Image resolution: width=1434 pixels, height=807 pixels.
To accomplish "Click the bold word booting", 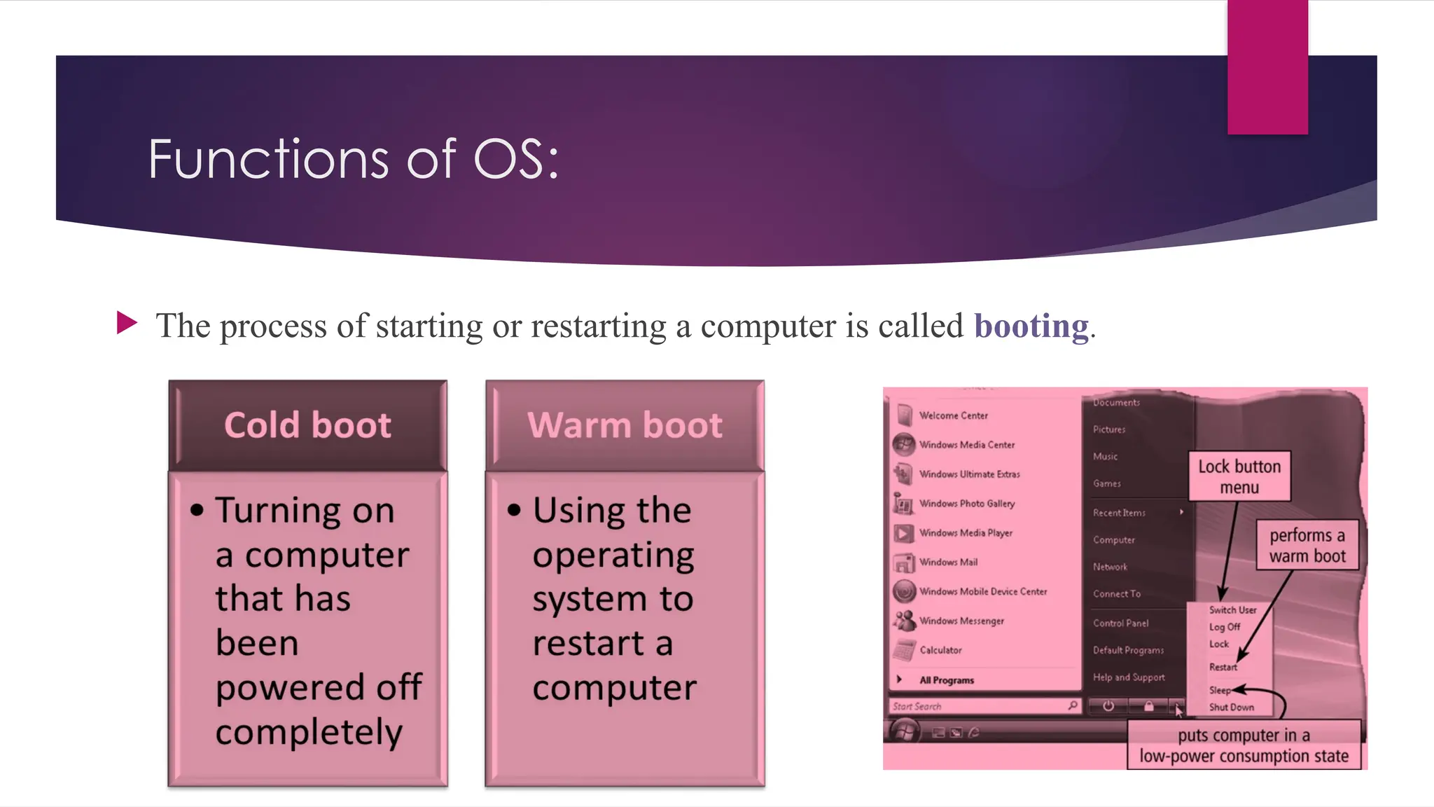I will (x=1031, y=326).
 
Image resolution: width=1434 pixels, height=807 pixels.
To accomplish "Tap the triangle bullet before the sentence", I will (x=127, y=323).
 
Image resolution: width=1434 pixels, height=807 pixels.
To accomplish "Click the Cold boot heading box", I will (x=307, y=425).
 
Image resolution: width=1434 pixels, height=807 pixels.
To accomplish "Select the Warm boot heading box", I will (x=625, y=425).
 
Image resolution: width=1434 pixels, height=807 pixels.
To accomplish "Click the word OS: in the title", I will (x=517, y=160).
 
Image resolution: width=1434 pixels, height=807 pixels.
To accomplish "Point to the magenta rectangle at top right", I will (x=1267, y=67).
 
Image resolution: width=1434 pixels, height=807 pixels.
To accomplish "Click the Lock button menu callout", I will (x=1239, y=476).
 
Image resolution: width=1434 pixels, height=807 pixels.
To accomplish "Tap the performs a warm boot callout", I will (x=1307, y=545).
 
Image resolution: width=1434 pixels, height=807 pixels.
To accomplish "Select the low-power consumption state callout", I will (x=1244, y=745).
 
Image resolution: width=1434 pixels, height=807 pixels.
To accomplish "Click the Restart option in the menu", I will (x=1223, y=667).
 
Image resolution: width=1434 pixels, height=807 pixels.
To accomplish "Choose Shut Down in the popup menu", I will (x=1231, y=708).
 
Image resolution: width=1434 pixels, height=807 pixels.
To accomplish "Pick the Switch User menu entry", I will (x=1232, y=610).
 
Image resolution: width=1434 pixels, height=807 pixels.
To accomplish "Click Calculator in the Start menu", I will (x=940, y=650).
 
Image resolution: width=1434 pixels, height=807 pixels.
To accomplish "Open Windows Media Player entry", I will (x=966, y=533).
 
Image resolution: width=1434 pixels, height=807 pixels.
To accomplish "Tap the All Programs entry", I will (x=947, y=680).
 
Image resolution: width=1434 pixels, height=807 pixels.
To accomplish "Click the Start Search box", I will (x=980, y=706).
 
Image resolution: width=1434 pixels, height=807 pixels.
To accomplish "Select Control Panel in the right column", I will (x=1120, y=623).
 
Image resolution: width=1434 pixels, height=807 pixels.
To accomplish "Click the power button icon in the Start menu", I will (x=1108, y=706).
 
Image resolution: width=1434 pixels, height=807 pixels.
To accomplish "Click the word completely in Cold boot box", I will (x=309, y=733).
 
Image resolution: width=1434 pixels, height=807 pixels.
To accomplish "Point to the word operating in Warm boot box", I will (x=613, y=556).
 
